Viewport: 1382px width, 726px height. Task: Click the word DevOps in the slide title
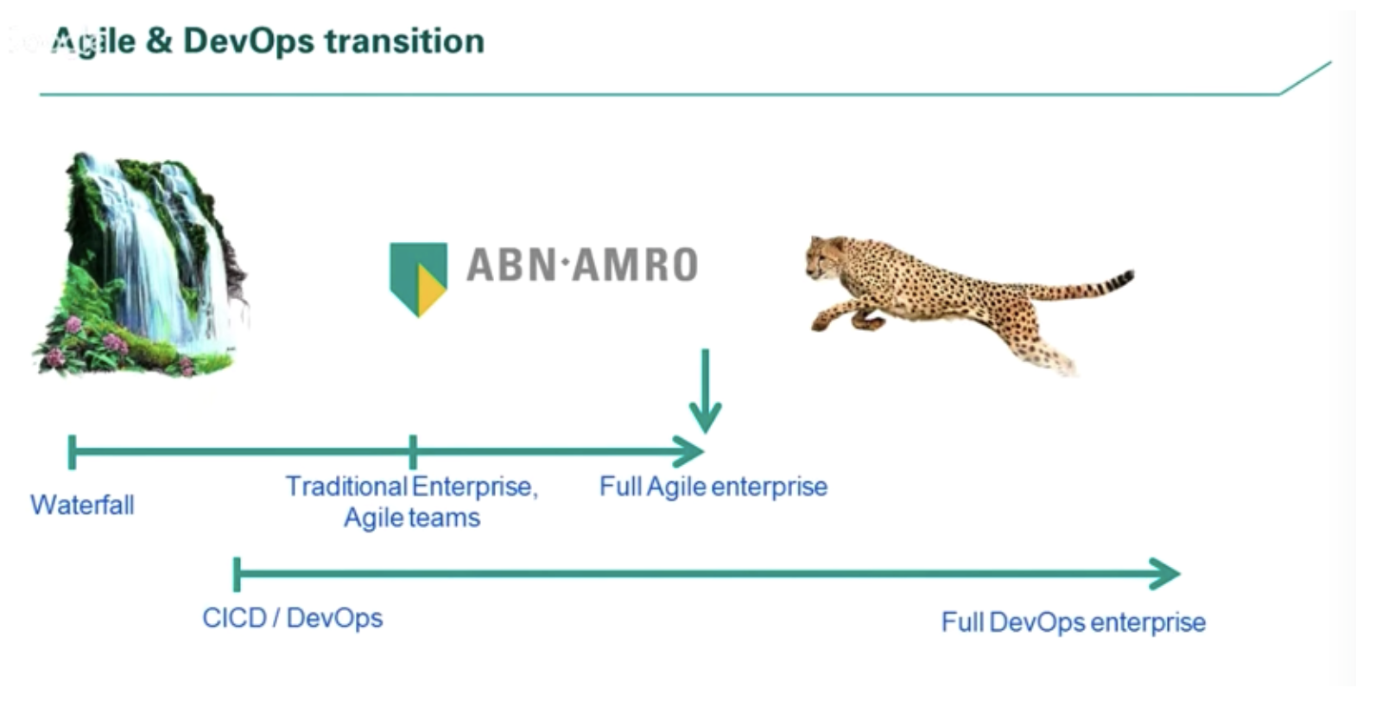click(x=249, y=42)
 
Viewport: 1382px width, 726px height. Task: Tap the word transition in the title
click(x=405, y=41)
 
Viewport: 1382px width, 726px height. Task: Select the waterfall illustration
click(x=141, y=264)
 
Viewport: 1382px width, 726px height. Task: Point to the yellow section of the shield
click(x=430, y=290)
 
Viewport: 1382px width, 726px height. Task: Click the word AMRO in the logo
click(x=635, y=264)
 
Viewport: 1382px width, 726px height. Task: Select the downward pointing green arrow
click(x=705, y=390)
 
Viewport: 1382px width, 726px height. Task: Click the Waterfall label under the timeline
click(x=83, y=505)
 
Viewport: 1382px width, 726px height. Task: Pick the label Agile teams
click(x=412, y=518)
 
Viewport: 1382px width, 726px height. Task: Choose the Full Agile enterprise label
click(x=713, y=487)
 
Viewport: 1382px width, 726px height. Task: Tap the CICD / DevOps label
click(x=293, y=618)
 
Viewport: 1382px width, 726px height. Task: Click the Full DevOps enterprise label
click(x=1074, y=622)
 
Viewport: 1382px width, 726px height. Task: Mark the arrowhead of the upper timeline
click(x=688, y=451)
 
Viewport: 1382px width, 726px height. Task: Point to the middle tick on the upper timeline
click(x=413, y=452)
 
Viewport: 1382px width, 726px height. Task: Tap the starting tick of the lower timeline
click(x=237, y=574)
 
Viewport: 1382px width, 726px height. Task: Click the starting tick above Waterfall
click(x=73, y=452)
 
